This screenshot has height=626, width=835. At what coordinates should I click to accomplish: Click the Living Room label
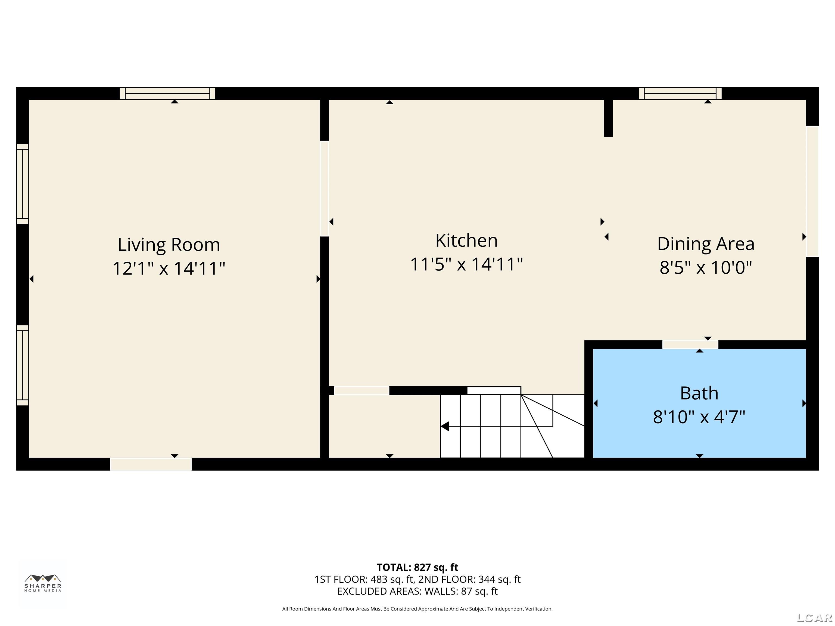(169, 245)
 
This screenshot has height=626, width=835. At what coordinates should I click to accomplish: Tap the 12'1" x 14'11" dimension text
(169, 269)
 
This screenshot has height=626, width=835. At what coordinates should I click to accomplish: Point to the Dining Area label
(706, 244)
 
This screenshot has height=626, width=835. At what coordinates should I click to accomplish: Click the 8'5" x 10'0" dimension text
(706, 268)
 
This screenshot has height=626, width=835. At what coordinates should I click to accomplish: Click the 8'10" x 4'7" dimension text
(699, 417)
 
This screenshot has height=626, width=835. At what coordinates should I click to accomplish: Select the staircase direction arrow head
(445, 426)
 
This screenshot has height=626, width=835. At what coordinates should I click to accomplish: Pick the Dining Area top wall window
(680, 93)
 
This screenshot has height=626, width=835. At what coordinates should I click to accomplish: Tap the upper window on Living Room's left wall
(23, 184)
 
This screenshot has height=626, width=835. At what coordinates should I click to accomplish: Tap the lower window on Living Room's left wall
(23, 365)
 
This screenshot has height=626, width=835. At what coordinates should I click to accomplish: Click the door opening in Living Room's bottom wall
(151, 464)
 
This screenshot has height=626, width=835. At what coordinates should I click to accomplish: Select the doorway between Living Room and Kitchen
(324, 188)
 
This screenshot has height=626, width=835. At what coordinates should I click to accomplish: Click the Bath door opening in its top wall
(690, 345)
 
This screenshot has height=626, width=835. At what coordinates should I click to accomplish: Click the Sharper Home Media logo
(43, 583)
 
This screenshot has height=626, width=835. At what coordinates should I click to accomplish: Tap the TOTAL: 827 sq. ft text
(417, 567)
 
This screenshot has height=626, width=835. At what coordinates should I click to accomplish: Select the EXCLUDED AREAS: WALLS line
(417, 591)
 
